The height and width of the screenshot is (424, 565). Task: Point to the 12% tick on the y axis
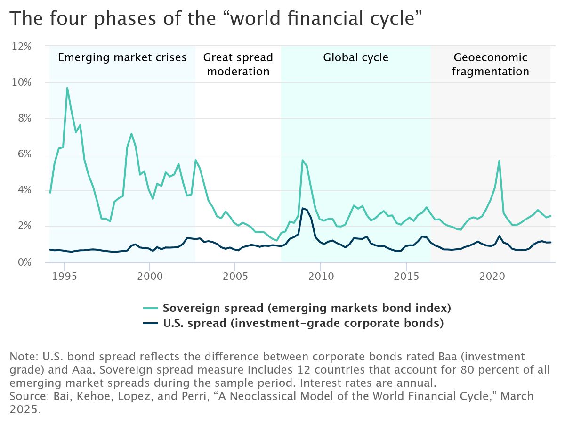(22, 47)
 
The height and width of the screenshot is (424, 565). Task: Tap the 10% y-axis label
(22, 82)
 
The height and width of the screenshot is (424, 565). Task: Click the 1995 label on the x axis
(65, 275)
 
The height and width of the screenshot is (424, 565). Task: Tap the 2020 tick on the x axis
(492, 275)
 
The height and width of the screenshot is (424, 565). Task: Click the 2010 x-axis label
(320, 275)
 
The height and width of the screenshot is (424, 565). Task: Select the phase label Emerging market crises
(122, 58)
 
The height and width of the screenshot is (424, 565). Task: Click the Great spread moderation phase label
(238, 65)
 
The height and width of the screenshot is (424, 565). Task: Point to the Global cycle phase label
(355, 58)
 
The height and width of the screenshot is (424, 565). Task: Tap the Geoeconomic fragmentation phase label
(490, 65)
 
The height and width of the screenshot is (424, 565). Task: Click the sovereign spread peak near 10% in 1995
(67, 88)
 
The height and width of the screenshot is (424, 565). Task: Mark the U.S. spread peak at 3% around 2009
(303, 208)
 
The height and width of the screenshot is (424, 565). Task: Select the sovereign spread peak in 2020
(499, 161)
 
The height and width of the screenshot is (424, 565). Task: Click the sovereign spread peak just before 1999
(131, 134)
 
